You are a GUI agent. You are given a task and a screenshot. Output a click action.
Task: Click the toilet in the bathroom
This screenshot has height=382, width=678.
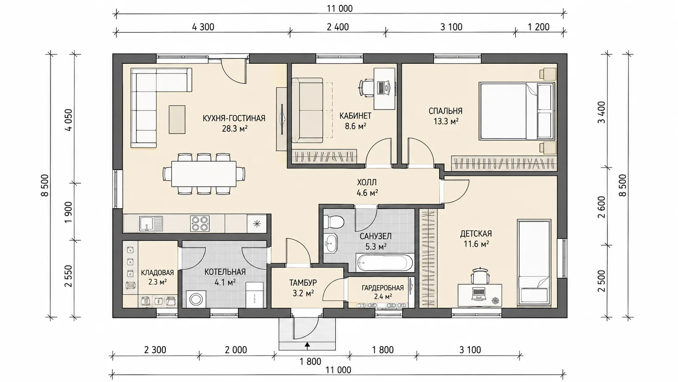click(333, 222)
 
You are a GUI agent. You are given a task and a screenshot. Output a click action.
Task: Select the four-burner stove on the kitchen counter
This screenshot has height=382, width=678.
click(200, 224)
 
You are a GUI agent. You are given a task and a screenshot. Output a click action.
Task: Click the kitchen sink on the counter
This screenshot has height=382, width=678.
click(151, 224)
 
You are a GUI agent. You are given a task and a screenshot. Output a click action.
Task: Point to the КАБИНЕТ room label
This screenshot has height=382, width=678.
click(355, 116)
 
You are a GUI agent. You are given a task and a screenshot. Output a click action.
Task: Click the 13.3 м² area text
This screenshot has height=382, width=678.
click(446, 121)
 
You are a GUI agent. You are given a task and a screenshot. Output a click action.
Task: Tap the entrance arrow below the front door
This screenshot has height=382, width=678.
click(307, 344)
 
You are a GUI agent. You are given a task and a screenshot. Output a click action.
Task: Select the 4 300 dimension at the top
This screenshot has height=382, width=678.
click(203, 27)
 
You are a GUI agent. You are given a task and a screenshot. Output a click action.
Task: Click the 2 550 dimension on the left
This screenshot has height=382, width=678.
click(69, 276)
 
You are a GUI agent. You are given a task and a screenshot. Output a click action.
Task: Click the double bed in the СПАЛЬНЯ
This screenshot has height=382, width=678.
click(516, 112)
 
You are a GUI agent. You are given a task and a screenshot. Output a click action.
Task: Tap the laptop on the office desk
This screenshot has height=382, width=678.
click(384, 88)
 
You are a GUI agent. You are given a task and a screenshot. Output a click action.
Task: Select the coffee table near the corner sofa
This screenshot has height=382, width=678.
click(177, 119)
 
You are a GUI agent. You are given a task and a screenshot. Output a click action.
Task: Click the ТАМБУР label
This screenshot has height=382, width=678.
click(303, 283)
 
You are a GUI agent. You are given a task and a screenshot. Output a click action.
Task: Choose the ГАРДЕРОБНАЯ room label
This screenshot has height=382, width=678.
click(383, 288)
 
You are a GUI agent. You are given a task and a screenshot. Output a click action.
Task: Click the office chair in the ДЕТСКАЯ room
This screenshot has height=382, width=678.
click(480, 276)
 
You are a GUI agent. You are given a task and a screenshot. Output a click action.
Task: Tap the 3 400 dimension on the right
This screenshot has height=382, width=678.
click(602, 112)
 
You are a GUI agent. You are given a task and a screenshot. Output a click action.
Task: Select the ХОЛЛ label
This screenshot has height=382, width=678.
click(367, 182)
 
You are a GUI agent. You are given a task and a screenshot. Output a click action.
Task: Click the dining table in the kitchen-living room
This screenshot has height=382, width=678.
click(204, 174)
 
